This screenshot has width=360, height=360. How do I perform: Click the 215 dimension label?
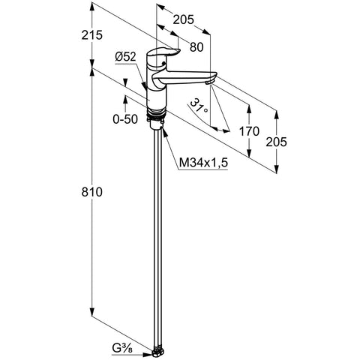pyautogui.click(x=92, y=35)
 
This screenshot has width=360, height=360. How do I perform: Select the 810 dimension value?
pyautogui.click(x=92, y=192)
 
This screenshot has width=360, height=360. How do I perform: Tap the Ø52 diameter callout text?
pyautogui.click(x=125, y=57)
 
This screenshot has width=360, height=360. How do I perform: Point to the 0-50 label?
pyautogui.click(x=125, y=119)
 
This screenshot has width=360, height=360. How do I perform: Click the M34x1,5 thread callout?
pyautogui.click(x=203, y=163)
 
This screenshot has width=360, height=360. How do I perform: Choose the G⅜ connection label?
pyautogui.click(x=122, y=348)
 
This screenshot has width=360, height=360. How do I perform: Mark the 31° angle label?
pyautogui.click(x=199, y=106)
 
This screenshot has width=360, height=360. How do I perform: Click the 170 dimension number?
pyautogui.click(x=249, y=131)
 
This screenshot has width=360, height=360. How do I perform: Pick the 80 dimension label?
pyautogui.click(x=196, y=47)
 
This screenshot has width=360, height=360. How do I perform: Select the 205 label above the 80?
pyautogui.click(x=184, y=19)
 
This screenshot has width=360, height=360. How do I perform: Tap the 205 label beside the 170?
pyautogui.click(x=277, y=142)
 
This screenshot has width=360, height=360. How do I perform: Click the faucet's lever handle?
pyautogui.click(x=163, y=52)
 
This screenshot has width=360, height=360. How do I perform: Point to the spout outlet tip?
pyautogui.click(x=209, y=82)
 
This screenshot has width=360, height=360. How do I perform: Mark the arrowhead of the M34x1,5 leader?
pyautogui.click(x=164, y=132)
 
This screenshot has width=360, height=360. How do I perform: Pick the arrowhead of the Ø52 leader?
pyautogui.click(x=144, y=86)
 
